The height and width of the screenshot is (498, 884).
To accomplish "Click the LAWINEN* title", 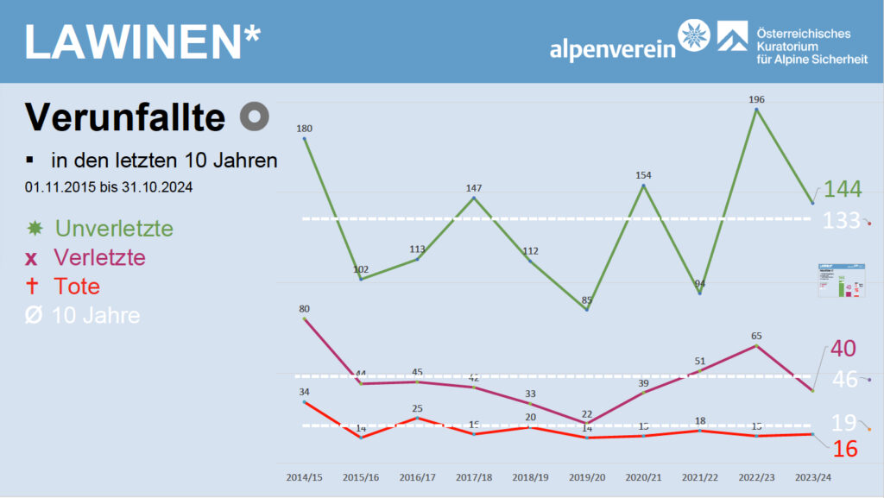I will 142,42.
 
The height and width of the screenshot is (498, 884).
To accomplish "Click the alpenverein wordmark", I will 613,49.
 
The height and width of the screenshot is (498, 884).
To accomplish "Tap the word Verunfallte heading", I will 124,117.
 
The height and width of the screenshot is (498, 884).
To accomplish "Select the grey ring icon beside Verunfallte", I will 255,117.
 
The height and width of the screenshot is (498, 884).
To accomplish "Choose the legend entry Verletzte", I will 99,257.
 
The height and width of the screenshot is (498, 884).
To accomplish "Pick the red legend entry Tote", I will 77,287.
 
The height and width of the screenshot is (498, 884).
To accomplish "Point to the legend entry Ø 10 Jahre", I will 95,315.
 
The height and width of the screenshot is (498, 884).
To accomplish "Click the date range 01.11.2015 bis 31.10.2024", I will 108,186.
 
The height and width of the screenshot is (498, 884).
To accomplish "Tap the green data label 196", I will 757,99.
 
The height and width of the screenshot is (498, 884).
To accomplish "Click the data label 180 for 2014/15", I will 304,129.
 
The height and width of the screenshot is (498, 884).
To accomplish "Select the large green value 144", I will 842,190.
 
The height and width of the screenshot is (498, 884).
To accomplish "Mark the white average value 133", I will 842,220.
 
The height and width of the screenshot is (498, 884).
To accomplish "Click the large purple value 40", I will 843,350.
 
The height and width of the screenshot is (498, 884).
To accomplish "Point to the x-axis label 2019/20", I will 587,476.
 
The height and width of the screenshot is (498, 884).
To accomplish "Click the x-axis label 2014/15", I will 304,476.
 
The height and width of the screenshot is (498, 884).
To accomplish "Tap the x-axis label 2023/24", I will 813,476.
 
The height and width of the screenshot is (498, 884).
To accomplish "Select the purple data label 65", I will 756,336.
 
